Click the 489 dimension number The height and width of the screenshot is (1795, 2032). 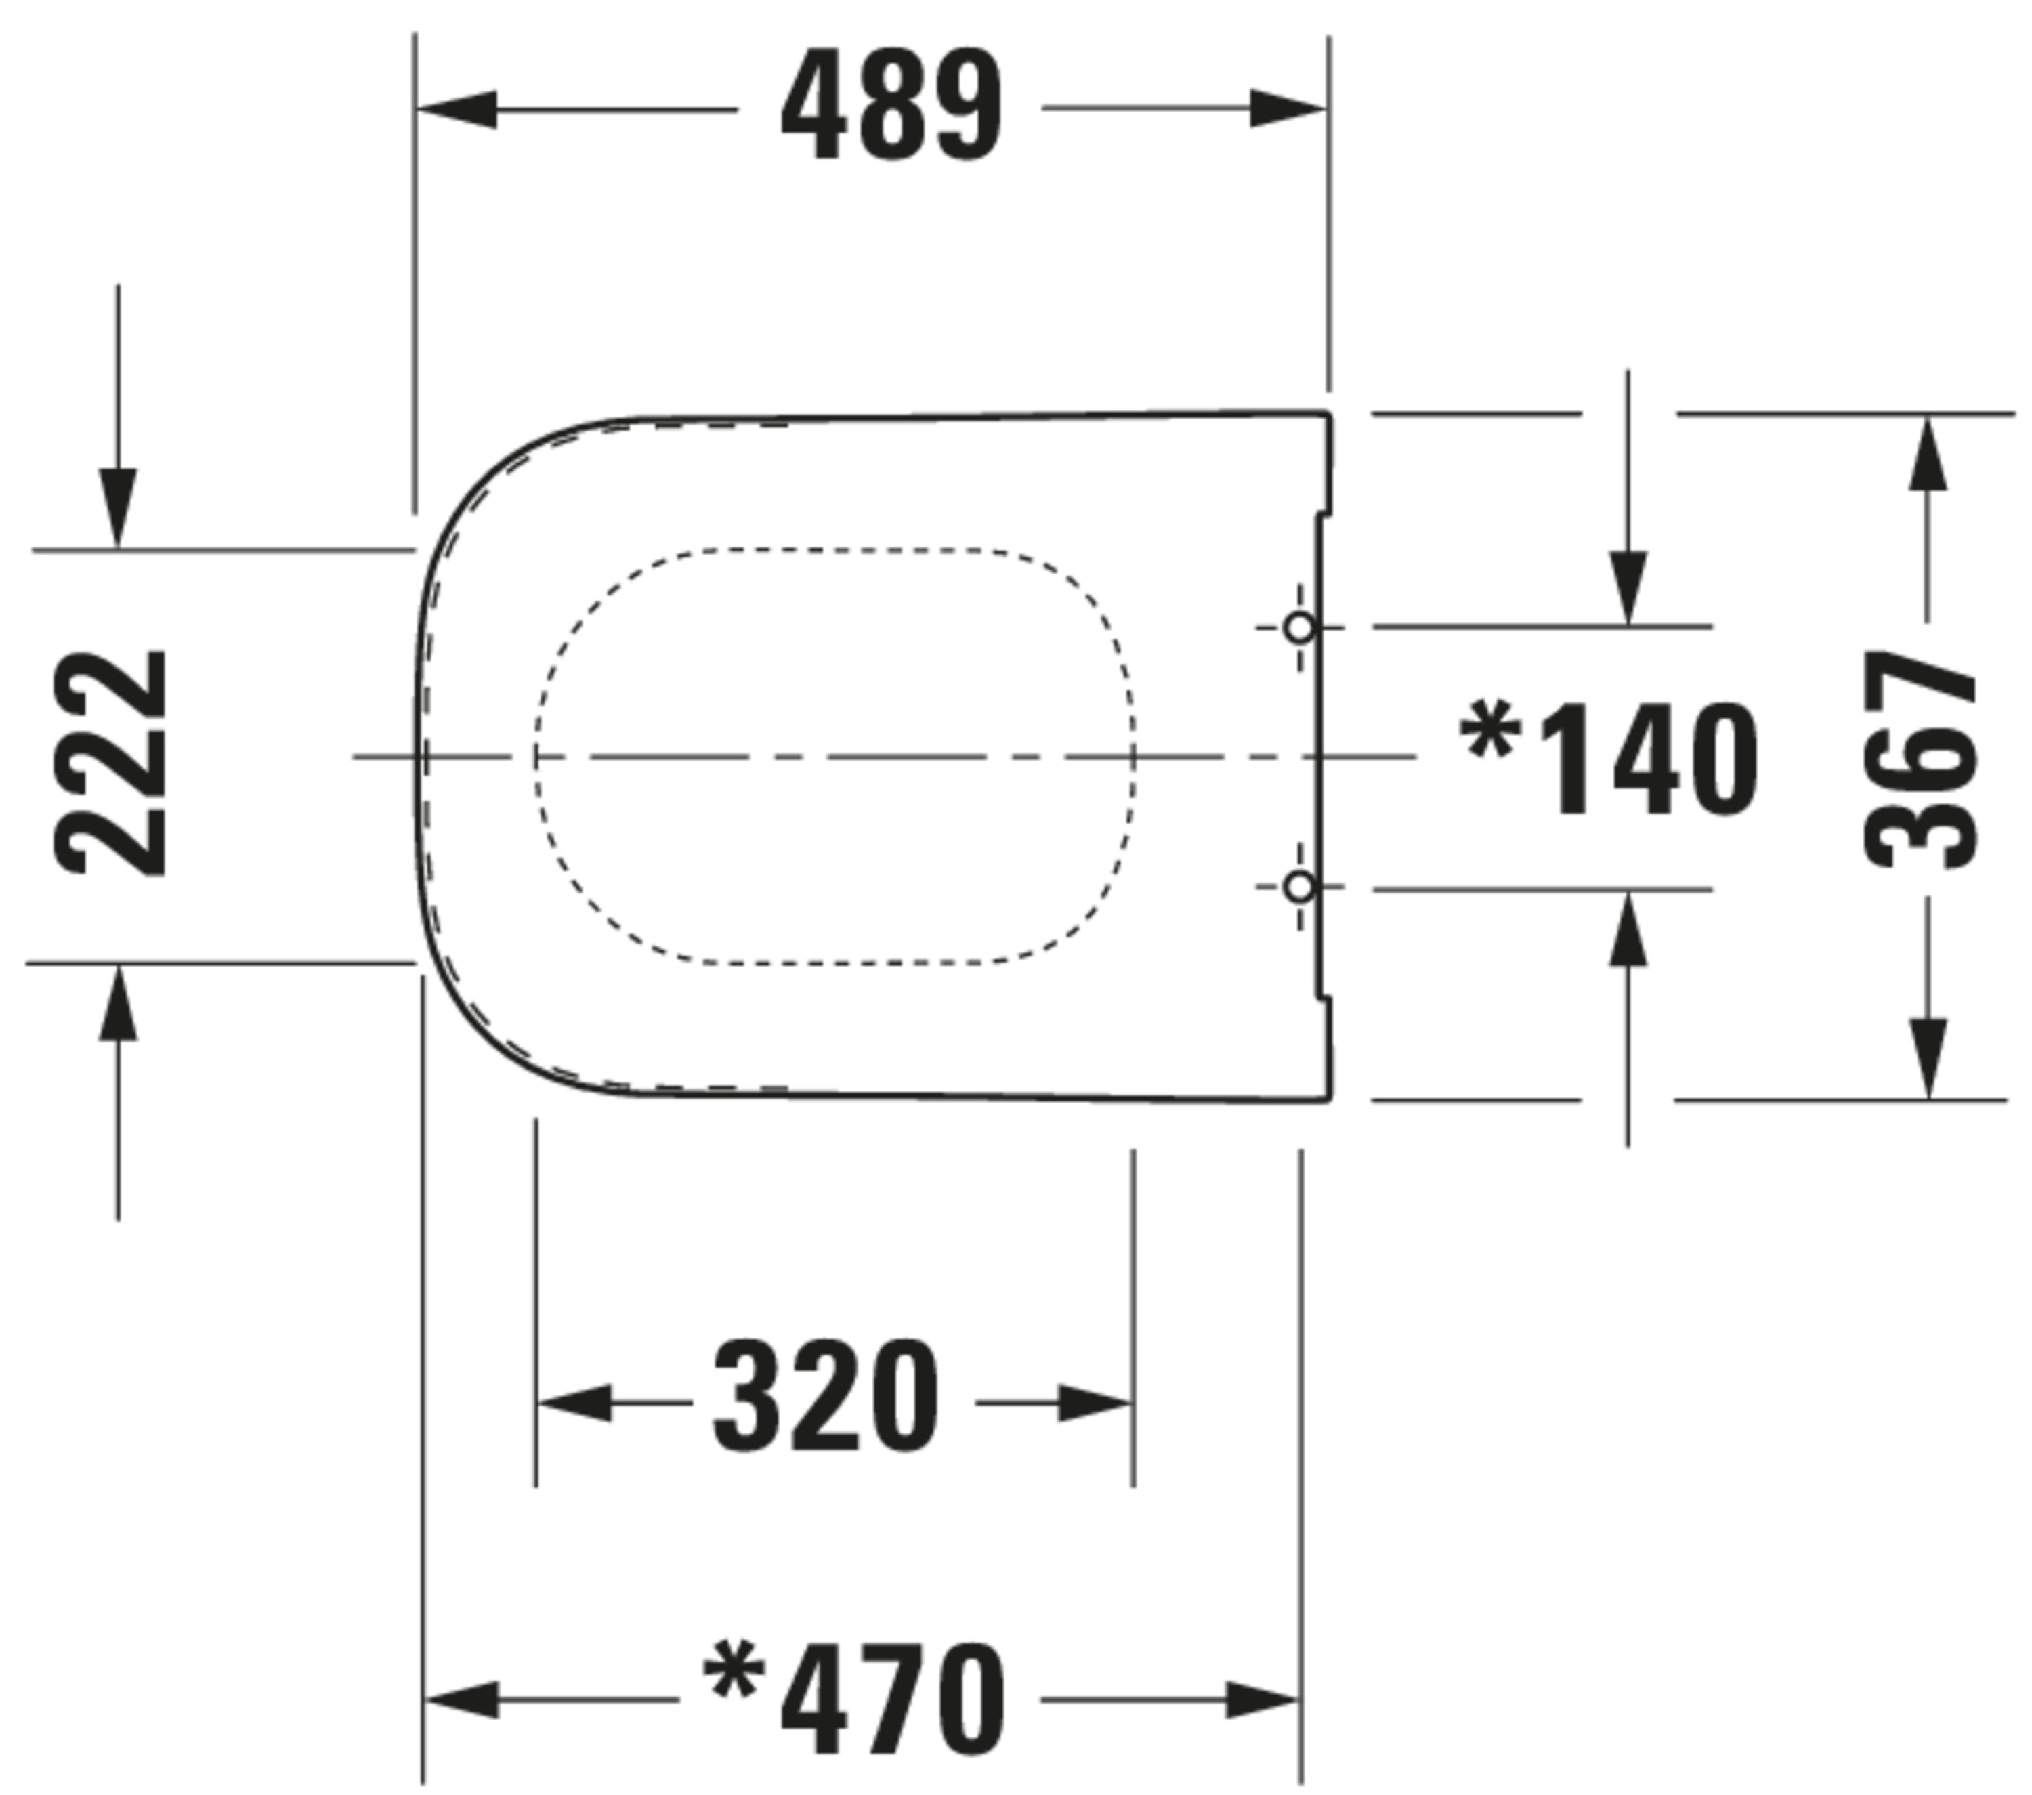(x=892, y=106)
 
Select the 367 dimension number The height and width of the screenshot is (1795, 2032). (x=1919, y=759)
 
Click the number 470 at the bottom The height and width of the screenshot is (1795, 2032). (x=893, y=1699)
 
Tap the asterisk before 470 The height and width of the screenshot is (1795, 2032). (x=734, y=1670)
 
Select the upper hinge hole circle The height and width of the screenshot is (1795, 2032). (x=1299, y=628)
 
